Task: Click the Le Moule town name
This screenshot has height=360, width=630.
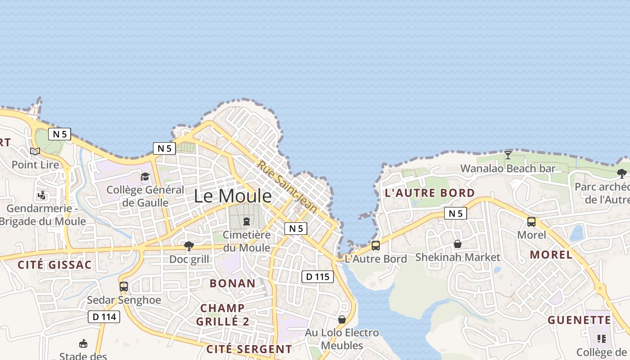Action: point(233,196)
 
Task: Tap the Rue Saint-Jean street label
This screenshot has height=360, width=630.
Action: point(287,187)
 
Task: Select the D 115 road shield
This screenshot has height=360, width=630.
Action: point(317,277)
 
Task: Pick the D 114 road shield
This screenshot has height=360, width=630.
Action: point(104,317)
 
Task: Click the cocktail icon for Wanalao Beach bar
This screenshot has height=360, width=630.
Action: point(508,155)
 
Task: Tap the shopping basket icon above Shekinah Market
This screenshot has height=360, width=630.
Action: point(458,244)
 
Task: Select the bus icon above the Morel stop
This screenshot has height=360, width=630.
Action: point(531,221)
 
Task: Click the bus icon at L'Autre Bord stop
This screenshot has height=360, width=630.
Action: point(376,246)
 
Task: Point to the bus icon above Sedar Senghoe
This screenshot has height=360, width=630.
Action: point(124,286)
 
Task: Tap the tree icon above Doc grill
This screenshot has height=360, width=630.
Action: point(189,246)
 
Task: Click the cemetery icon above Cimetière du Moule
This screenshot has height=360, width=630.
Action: point(247,221)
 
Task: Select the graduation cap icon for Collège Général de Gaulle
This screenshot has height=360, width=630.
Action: point(145,176)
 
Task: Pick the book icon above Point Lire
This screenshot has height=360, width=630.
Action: point(35,151)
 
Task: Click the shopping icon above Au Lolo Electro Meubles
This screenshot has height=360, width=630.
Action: point(342,319)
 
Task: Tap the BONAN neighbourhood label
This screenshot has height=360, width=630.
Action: point(233,283)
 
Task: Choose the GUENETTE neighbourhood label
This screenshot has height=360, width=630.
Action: point(579,320)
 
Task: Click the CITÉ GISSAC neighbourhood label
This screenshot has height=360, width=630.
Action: point(54,265)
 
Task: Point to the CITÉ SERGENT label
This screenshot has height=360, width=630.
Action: point(249,349)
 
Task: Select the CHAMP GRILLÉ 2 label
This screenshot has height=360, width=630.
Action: point(222,315)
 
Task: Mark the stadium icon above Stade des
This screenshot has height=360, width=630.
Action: point(83,344)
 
